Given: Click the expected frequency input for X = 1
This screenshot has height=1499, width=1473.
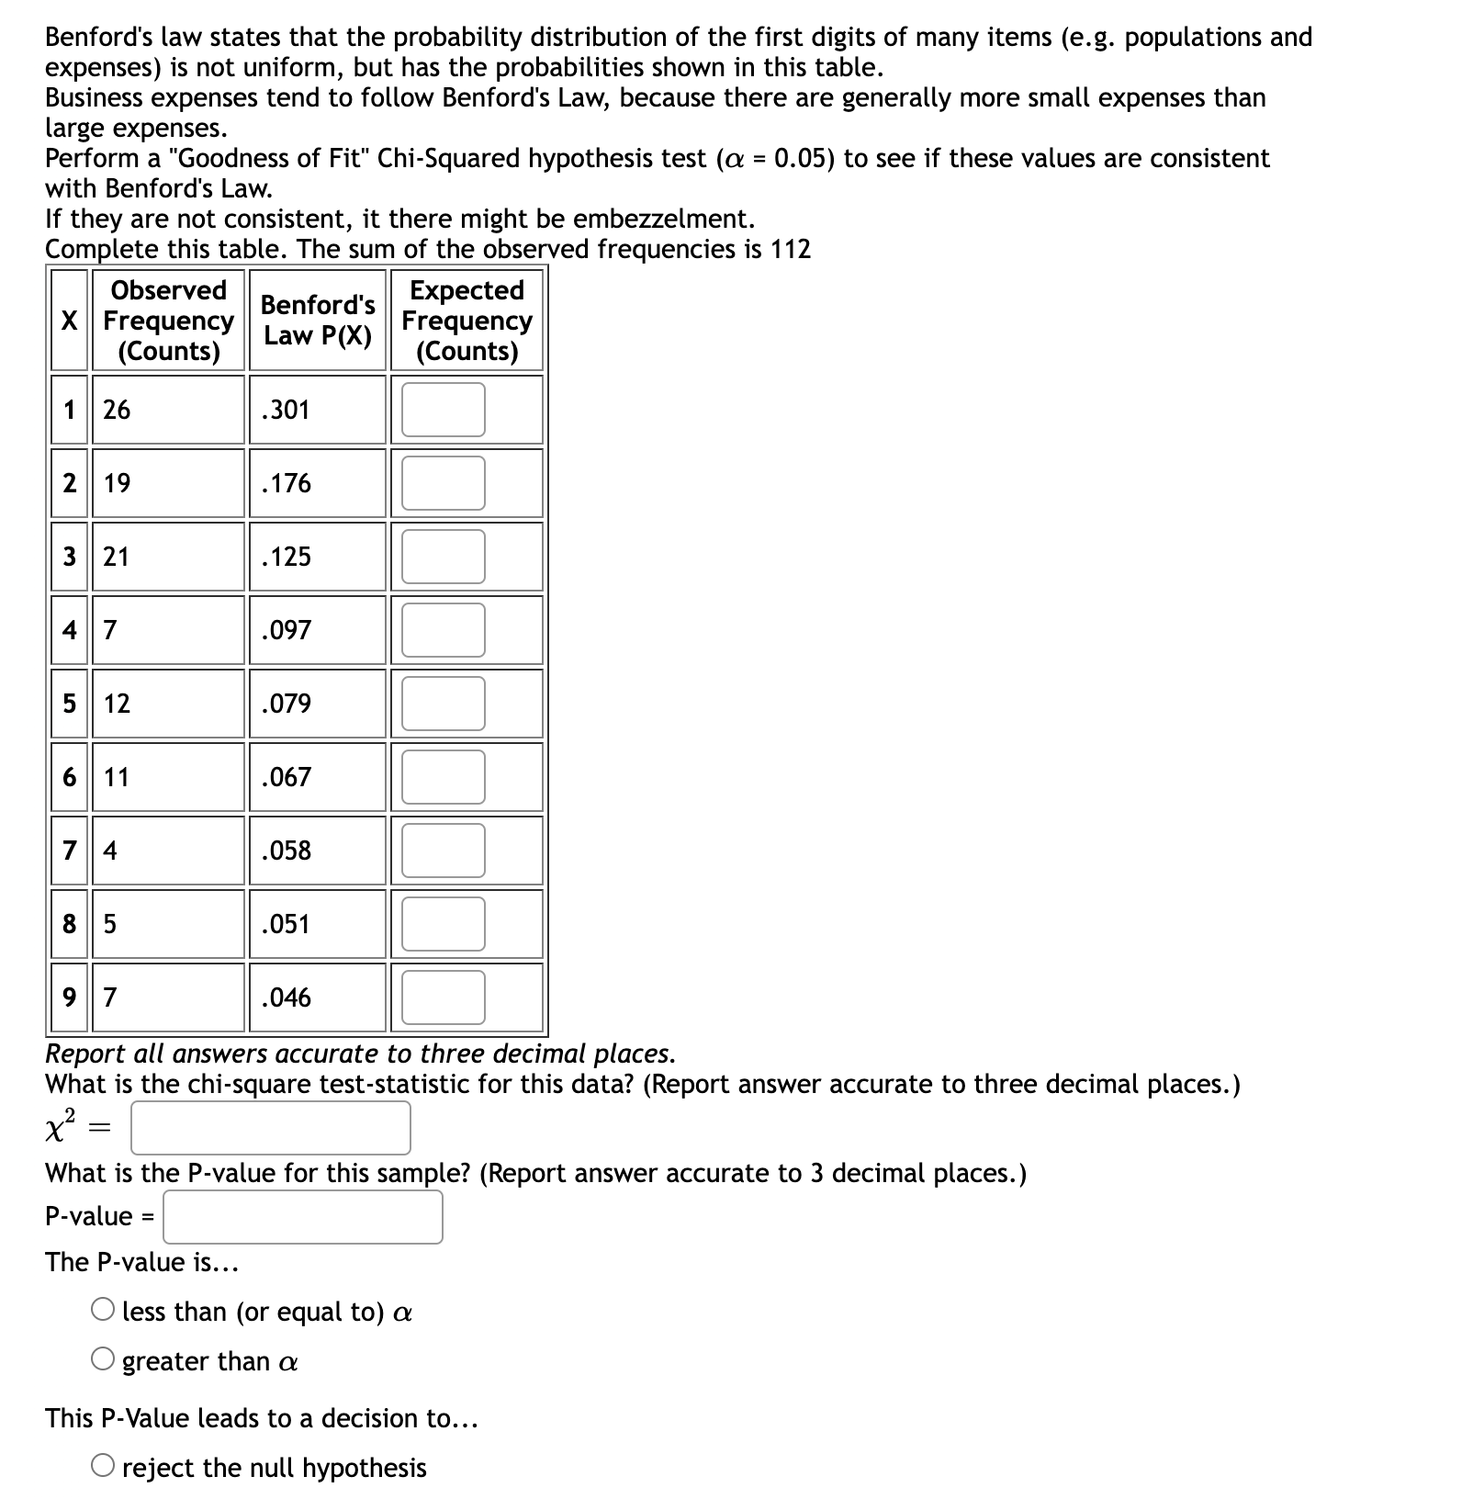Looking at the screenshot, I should (443, 410).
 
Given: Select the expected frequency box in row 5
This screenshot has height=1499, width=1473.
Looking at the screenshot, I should (443, 704).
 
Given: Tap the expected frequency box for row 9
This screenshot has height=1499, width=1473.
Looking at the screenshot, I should (443, 997).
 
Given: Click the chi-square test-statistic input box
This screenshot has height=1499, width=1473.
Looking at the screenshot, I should (270, 1128).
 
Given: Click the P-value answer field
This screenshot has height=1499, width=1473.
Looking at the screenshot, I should (303, 1217).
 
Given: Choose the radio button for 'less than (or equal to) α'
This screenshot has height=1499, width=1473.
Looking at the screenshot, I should (103, 1310).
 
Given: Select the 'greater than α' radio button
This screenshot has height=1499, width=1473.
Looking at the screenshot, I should (103, 1359).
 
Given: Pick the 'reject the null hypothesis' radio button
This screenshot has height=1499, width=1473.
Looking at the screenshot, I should (103, 1466).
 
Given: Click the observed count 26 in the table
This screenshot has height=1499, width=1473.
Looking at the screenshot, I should (117, 410).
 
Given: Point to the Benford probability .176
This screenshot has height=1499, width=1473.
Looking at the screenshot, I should (286, 483).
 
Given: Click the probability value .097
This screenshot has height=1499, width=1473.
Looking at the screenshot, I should (286, 630).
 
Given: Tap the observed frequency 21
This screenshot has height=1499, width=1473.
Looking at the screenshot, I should (117, 557).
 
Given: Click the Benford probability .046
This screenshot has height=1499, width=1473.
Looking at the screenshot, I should (286, 997).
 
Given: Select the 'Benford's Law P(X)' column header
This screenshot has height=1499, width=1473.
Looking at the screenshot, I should (318, 320).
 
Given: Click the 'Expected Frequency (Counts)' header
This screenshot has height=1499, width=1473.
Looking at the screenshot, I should (467, 320).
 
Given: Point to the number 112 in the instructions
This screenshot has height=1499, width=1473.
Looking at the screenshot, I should (791, 249).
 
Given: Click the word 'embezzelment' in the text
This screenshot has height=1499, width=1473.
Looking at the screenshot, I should (663, 219).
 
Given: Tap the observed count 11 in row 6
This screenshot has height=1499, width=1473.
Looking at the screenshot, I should (117, 777).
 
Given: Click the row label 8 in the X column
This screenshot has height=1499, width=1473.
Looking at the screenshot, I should (70, 924).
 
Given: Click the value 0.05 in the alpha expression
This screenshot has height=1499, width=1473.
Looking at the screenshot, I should (804, 158).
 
